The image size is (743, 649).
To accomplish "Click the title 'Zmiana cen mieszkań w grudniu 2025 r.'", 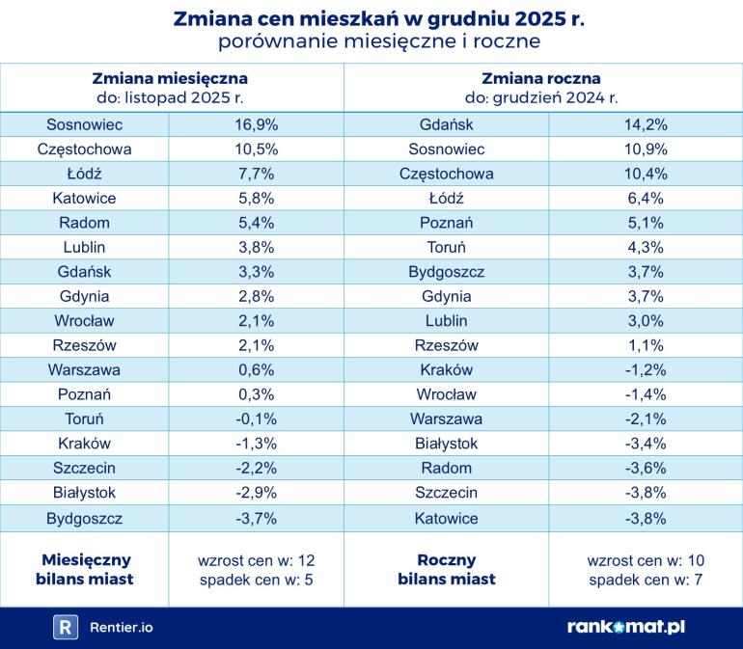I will [x=378, y=18].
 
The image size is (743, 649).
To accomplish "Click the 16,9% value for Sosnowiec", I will [x=256, y=124].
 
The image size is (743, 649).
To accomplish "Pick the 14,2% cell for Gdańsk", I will [x=646, y=124].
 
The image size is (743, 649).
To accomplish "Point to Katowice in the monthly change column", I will [x=85, y=198].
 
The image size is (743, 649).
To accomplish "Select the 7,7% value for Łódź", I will [x=256, y=174].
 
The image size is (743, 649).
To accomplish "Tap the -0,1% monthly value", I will [x=256, y=419].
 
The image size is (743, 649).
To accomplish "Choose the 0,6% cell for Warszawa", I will [x=256, y=369].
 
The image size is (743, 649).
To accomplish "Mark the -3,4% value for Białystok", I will [x=646, y=443].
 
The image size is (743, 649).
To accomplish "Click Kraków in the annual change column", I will [x=446, y=369].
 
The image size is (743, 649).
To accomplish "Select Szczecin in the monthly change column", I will [x=85, y=468].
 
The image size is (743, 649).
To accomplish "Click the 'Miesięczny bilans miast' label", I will [x=87, y=569].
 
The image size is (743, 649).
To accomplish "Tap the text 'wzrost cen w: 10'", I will [x=646, y=559].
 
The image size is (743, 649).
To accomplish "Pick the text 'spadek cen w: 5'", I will [x=256, y=580].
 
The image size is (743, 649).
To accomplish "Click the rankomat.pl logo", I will [x=626, y=627].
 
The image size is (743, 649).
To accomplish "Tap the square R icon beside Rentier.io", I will [x=66, y=627].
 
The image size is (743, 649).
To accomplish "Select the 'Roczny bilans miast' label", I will [x=446, y=569].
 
